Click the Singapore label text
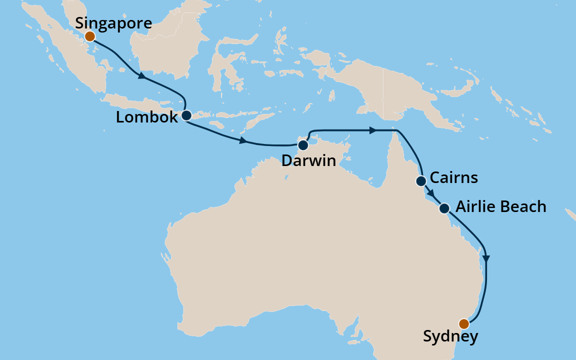pos(113,23)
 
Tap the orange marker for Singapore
pos(89,36)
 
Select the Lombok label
pos(146,117)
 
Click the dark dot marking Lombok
pos(186,115)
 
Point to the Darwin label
pos(308,160)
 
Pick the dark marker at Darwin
pos(302,145)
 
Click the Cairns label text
pos(454,178)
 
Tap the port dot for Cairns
pos(421,181)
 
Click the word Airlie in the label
pos(475,207)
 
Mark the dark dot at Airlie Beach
pos(444,208)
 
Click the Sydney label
pos(450,337)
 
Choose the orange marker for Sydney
pos(464,323)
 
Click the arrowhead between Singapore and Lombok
pos(142,76)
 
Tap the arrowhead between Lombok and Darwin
pos(243,140)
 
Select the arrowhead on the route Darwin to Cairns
pos(373,130)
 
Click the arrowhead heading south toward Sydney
pos(486,258)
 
